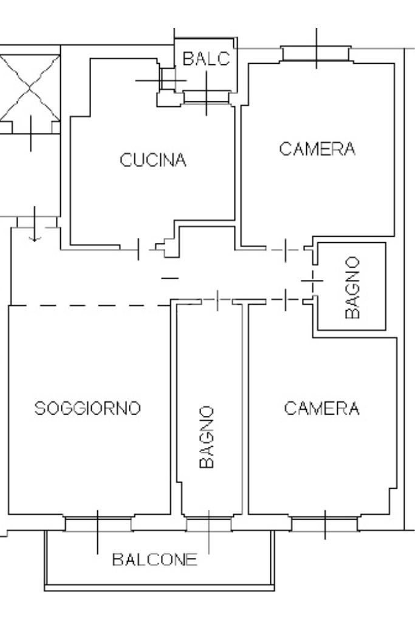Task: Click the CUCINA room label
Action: click(x=153, y=160)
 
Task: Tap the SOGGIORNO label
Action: click(x=87, y=409)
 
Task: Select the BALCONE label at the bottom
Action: click(x=154, y=560)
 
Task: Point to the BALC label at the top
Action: click(x=206, y=59)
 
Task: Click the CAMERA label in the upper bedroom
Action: click(x=317, y=149)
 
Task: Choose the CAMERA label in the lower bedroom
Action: click(x=322, y=409)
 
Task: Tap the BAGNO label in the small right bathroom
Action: click(x=352, y=288)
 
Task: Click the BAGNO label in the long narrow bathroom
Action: click(x=207, y=437)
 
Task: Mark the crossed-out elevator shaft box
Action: click(x=30, y=88)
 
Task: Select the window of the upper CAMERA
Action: click(x=317, y=54)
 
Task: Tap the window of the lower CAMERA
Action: click(x=324, y=524)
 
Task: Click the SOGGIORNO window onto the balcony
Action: click(x=98, y=524)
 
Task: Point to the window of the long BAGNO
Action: click(x=209, y=524)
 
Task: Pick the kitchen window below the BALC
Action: click(x=207, y=97)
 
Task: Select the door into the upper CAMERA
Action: click(x=286, y=250)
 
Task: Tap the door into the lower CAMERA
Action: click(x=286, y=300)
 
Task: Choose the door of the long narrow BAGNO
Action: click(x=217, y=300)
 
